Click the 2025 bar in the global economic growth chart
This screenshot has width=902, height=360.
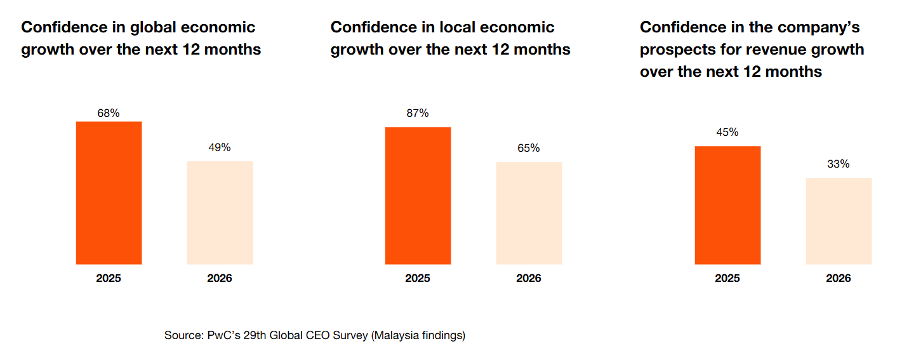coord(109,192)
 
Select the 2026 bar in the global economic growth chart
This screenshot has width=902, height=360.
coord(220,212)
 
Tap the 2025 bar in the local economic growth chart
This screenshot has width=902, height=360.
coord(418,196)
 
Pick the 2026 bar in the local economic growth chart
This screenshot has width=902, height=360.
coord(529,213)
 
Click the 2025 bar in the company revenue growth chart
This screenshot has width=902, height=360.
coord(727,205)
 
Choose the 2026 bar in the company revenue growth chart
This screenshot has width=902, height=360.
coord(839,221)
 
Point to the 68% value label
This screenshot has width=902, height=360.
coord(109,113)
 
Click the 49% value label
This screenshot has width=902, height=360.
coord(220,147)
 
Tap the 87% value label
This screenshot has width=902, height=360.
coord(418,113)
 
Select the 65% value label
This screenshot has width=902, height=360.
coord(529,148)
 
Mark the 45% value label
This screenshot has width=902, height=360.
coord(727,132)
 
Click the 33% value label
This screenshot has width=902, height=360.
coord(839,164)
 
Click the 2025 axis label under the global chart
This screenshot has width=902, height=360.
coord(109,278)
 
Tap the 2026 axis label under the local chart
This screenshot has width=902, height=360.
coord(529,278)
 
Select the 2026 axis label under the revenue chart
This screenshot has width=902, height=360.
coord(839,278)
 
